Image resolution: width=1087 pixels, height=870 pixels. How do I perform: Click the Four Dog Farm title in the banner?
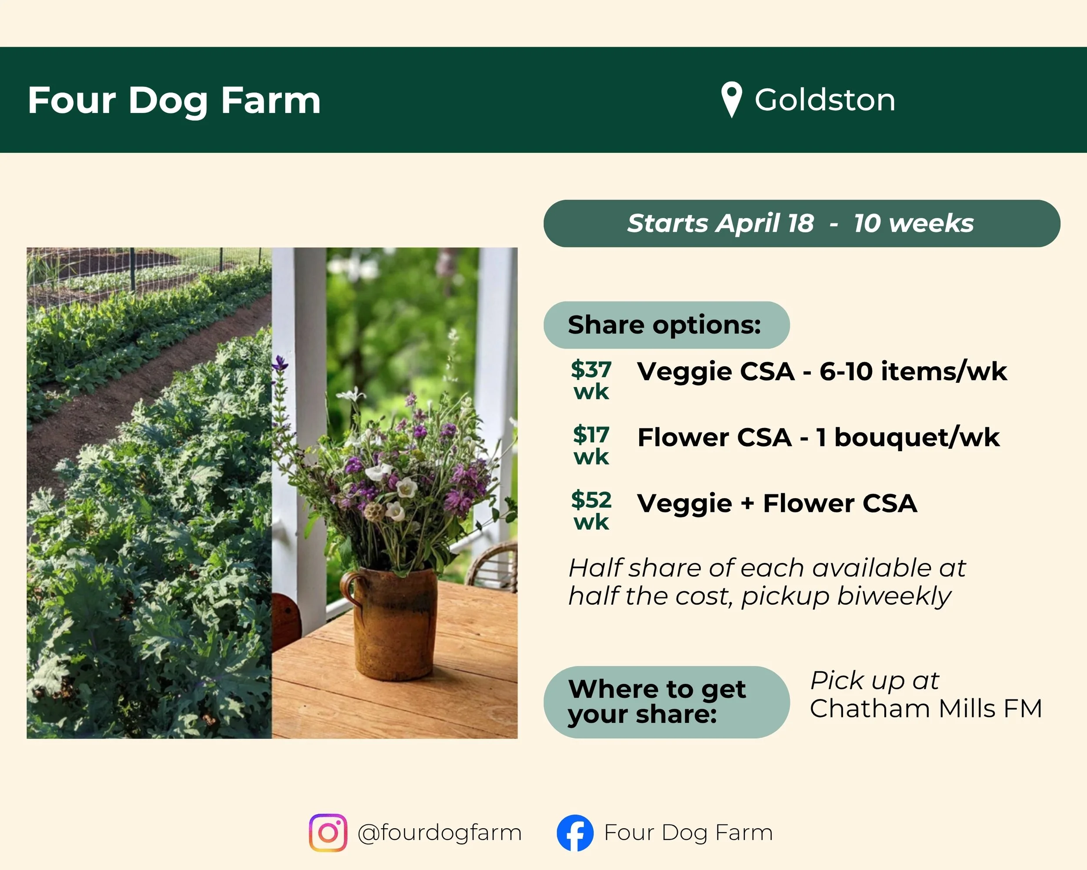click(x=174, y=100)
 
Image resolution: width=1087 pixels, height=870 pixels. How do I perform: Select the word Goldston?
click(x=825, y=100)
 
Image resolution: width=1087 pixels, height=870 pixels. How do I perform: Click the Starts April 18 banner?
click(x=801, y=224)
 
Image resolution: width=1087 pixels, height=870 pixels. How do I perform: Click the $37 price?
click(x=591, y=370)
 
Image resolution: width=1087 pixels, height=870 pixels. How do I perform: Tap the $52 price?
click(x=591, y=500)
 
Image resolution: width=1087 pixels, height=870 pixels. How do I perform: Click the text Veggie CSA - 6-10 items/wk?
click(x=822, y=371)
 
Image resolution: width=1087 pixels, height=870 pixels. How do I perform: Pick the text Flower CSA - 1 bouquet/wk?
click(x=818, y=437)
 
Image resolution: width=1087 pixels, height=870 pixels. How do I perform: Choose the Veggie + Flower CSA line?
click(x=777, y=503)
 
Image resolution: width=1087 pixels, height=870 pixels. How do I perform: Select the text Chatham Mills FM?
click(x=926, y=709)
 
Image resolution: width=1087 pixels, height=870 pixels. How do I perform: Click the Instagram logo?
click(x=328, y=833)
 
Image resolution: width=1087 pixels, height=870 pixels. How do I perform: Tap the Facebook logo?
click(x=575, y=833)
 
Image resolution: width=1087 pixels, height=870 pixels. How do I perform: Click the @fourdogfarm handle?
click(x=439, y=833)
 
